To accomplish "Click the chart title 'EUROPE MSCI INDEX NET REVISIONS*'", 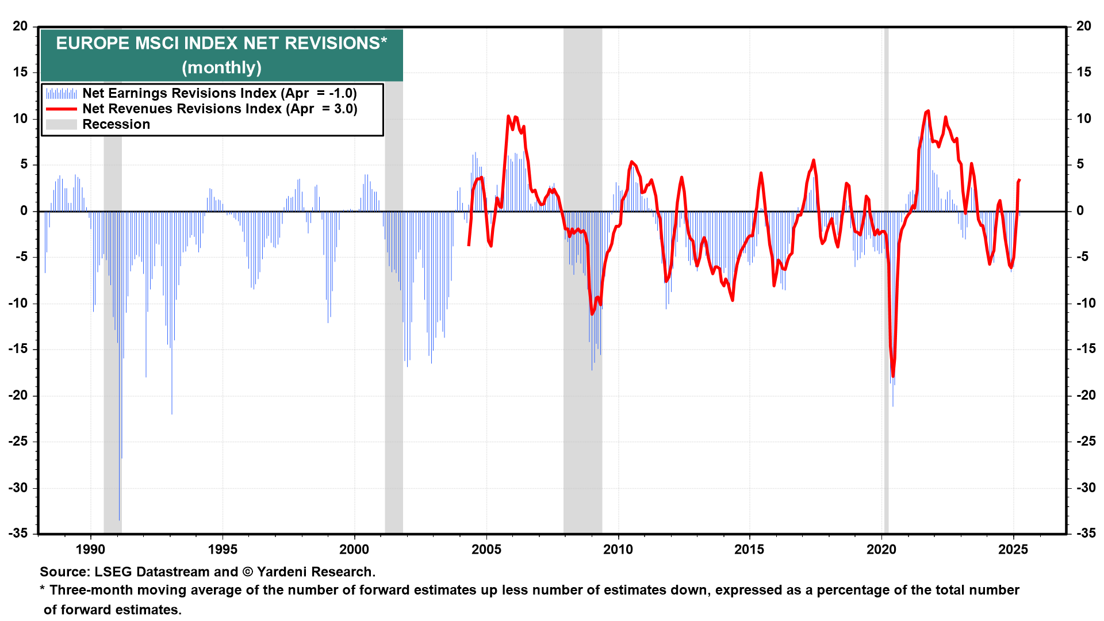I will coord(221,44).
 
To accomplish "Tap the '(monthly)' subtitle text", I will coord(221,68).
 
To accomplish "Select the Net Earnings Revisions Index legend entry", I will coord(219,93).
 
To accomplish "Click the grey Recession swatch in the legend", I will coord(62,124).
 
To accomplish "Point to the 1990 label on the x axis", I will coord(91,550).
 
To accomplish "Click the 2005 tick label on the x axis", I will coord(486,550).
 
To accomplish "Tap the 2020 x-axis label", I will coord(881,550).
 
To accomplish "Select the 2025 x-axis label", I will coord(1013,550).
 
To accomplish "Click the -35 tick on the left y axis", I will coord(20,534).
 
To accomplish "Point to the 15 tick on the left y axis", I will coord(21,72).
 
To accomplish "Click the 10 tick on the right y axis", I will coord(1084,119).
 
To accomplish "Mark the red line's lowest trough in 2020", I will coord(893,376).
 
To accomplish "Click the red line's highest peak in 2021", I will coord(928,111).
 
